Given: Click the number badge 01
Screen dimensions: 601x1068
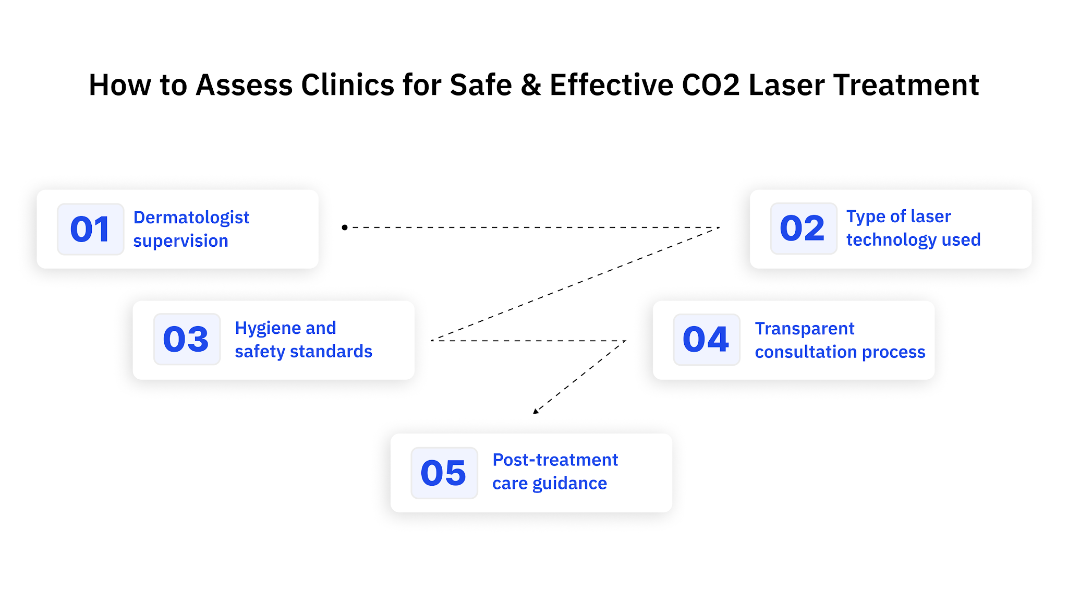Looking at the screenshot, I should click(90, 229).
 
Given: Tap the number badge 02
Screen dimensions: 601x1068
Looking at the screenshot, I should click(803, 229).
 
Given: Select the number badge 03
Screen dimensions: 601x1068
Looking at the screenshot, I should click(186, 339).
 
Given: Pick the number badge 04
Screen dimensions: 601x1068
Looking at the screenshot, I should click(706, 340).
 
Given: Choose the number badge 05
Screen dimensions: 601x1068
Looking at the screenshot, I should click(444, 473).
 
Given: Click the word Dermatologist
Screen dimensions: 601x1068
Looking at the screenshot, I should click(191, 218).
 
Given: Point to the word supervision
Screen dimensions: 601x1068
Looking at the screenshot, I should click(180, 241).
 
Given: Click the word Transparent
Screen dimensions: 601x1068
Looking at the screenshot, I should click(805, 329).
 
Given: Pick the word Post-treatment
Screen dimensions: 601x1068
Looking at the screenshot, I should click(555, 460).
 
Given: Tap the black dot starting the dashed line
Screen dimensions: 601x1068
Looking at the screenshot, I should click(345, 227).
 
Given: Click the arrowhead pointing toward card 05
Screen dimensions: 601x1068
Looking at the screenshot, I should click(536, 411).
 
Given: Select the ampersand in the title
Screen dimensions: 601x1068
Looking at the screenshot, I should click(531, 85).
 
